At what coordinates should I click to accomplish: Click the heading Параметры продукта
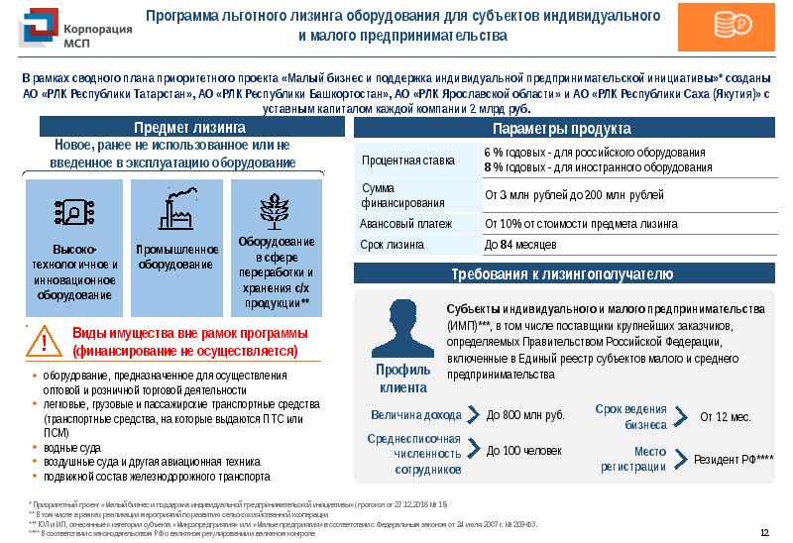click(x=561, y=129)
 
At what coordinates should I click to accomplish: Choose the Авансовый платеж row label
click(x=406, y=223)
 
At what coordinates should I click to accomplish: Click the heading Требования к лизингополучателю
click(x=561, y=273)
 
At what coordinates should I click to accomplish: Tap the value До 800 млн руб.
click(x=524, y=415)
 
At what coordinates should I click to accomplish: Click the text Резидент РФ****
click(x=735, y=459)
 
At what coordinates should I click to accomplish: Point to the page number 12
click(x=764, y=533)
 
